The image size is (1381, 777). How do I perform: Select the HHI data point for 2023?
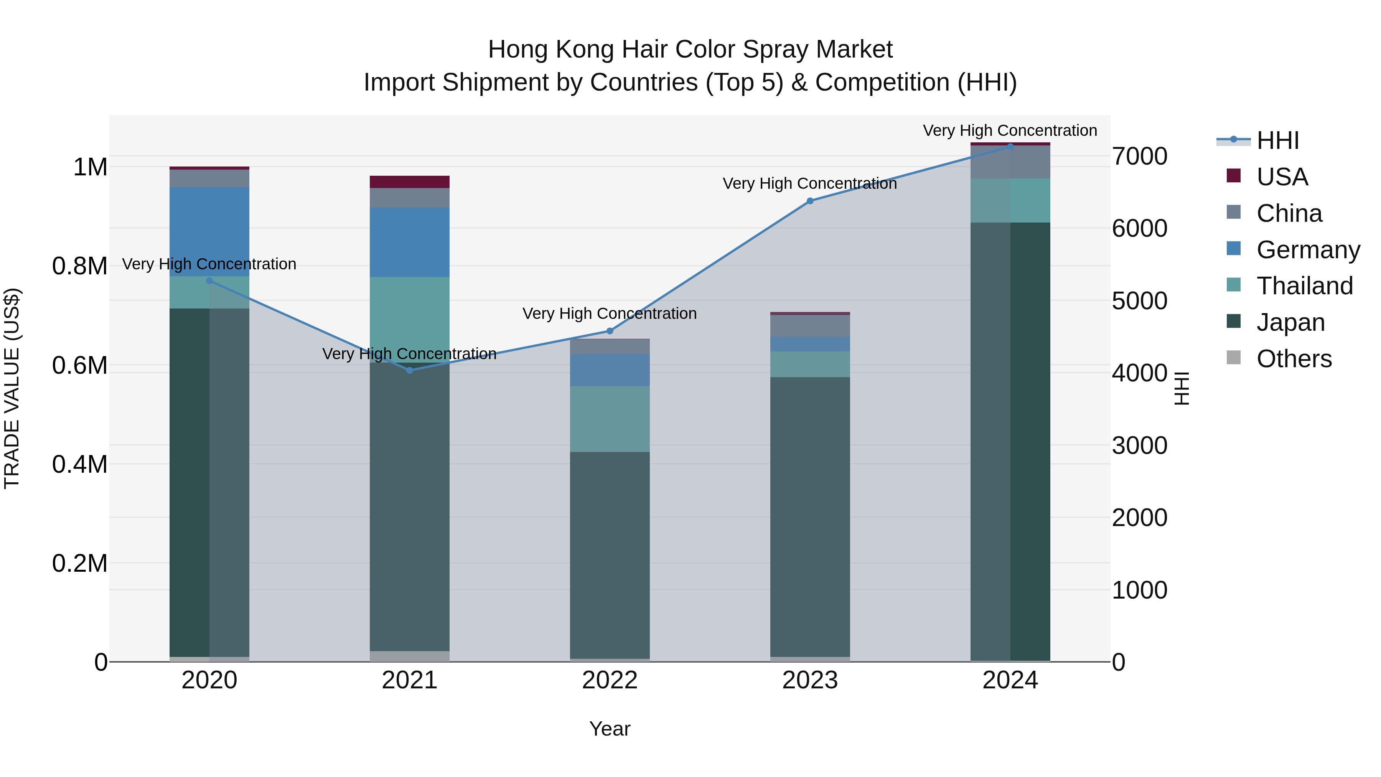point(810,201)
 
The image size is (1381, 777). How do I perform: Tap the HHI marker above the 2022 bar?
point(610,331)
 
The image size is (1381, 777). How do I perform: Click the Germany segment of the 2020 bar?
point(209,232)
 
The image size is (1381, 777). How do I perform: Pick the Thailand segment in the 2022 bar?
point(610,419)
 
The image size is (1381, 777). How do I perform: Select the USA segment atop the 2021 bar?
point(410,182)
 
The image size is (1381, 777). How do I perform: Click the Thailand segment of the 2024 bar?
point(1010,201)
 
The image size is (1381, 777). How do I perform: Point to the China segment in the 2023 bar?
point(810,326)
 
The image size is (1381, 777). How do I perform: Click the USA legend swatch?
point(1234,176)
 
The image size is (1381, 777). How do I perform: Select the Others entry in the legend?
point(1294,359)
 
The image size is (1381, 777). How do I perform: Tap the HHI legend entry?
point(1277,140)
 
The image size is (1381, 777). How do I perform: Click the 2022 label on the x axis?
point(610,680)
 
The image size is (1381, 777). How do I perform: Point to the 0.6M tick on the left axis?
point(80,366)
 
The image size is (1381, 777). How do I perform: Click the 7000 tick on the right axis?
point(1140,156)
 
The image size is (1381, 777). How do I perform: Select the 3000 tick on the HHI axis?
point(1140,445)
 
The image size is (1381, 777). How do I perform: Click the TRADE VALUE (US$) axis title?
point(12,388)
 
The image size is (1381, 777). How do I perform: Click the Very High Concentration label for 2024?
point(1010,130)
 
